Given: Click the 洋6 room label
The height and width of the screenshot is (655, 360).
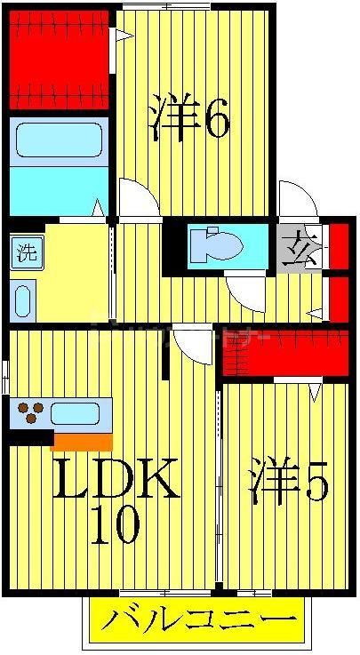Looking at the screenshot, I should point(189,120).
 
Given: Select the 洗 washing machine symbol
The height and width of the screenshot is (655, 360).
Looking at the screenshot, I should point(27,252).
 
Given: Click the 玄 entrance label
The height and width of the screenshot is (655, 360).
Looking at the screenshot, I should point(299,244).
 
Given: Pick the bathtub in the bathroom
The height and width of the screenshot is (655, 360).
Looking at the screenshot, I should point(60,140).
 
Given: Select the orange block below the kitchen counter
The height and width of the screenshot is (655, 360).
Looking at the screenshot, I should point(83,441).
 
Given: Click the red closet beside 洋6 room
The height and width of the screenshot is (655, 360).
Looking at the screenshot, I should point(60,60).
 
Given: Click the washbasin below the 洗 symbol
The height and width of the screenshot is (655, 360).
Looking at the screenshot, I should point(24,300).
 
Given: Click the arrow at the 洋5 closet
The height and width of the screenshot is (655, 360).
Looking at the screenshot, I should point(315,389).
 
